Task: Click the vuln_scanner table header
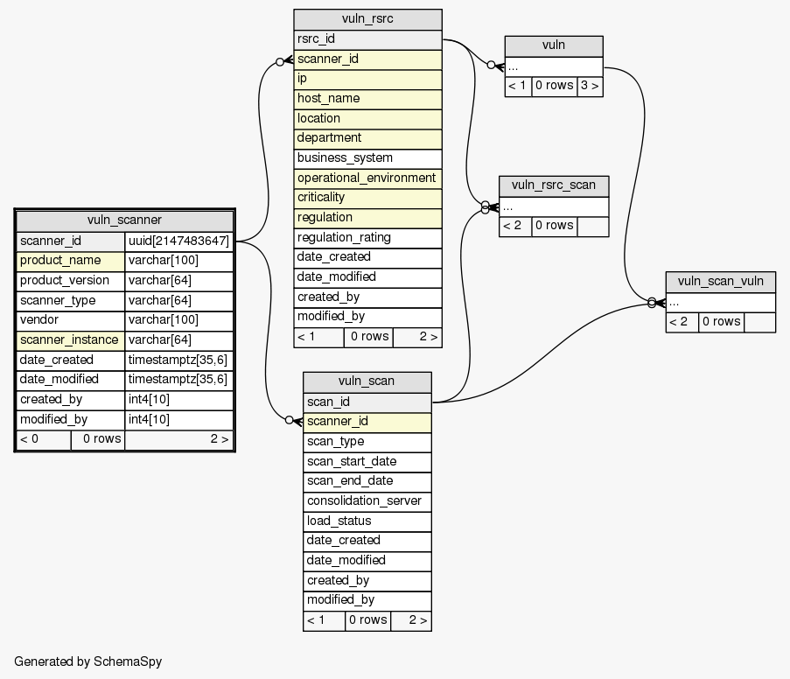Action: tap(124, 220)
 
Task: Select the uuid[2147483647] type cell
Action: tap(178, 241)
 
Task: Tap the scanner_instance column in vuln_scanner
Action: tap(69, 340)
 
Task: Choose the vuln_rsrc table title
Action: tap(367, 20)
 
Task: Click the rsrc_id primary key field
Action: tap(367, 39)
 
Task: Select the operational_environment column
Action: tap(367, 178)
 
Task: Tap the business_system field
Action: tap(367, 158)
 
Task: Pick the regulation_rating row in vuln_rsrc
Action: tap(367, 238)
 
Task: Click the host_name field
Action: tap(367, 99)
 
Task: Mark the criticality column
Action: tap(367, 198)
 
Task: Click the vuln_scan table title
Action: tap(367, 381)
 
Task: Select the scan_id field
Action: tap(367, 402)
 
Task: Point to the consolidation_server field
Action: tap(367, 501)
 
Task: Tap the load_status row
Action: tap(367, 521)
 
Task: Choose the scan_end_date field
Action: tap(367, 481)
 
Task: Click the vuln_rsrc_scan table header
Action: tap(553, 185)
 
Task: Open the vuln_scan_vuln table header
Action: tap(720, 282)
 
